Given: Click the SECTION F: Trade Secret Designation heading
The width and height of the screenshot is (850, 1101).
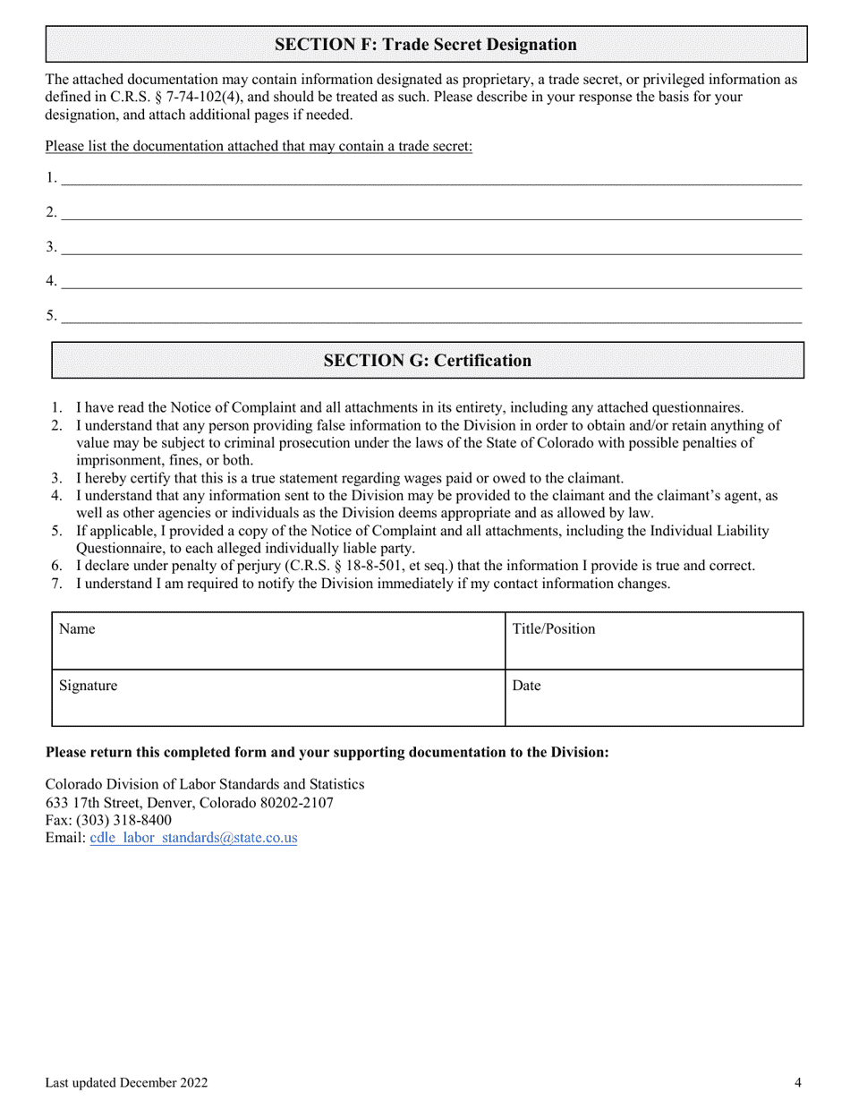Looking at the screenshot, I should coord(425,45).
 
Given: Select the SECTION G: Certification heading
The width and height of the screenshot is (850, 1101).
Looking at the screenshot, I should coord(427,361).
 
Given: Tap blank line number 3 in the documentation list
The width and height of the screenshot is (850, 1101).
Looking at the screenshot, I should coord(429,247).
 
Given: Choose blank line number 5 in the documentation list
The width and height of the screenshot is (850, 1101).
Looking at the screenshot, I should coord(429,315).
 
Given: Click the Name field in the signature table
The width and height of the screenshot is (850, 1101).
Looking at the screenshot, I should coord(277,641).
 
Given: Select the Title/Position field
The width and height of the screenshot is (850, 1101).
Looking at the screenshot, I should coord(653,641).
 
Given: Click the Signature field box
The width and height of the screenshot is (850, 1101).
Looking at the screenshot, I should coord(277,697).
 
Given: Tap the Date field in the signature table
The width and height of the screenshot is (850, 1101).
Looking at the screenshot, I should coord(653,697).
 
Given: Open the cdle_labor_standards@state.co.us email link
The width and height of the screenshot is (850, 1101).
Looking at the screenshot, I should coord(194,839).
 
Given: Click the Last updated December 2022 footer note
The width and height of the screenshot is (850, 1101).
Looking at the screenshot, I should coord(127,1083).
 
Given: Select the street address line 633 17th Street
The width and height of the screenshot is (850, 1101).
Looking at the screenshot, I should coord(189,802).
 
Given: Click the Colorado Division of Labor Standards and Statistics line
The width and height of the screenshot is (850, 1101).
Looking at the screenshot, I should coord(205,784).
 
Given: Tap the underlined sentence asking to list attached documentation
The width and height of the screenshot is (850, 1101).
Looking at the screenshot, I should coord(259,146).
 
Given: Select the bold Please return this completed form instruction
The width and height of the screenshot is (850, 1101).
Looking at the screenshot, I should coord(327,752).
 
